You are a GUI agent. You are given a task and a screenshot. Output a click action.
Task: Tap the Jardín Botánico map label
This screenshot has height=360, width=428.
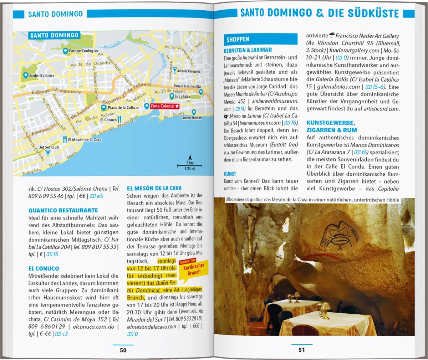[x=41, y=76]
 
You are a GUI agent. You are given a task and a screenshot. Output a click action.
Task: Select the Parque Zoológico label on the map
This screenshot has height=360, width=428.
[x=83, y=51]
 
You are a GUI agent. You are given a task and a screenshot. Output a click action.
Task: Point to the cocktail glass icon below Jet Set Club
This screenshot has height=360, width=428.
[x=48, y=153]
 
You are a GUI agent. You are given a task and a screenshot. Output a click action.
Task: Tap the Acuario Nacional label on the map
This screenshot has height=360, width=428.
[x=192, y=118]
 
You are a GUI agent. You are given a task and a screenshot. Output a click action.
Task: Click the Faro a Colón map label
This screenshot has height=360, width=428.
[x=182, y=96]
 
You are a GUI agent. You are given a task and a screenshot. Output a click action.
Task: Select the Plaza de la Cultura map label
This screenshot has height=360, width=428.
[x=123, y=107]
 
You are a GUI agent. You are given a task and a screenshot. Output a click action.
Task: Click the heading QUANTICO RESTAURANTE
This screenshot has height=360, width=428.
[x=63, y=210]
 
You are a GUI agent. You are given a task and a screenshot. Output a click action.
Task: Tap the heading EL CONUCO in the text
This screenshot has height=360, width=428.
[x=44, y=268]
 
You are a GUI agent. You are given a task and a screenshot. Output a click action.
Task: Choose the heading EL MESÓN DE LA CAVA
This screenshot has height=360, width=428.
[x=154, y=188]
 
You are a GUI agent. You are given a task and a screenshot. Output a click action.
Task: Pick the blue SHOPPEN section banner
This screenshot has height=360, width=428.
[x=260, y=39]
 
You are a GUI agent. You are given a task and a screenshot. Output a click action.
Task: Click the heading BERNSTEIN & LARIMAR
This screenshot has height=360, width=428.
[x=248, y=50]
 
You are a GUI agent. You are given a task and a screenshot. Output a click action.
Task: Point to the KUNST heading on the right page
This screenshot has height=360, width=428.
[x=230, y=174]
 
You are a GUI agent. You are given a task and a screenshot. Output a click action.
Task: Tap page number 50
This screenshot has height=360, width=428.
[x=123, y=350]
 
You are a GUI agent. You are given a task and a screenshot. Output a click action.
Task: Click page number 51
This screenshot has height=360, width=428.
[x=302, y=350]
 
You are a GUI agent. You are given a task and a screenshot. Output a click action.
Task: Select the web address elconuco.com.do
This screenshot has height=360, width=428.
[x=93, y=326]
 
